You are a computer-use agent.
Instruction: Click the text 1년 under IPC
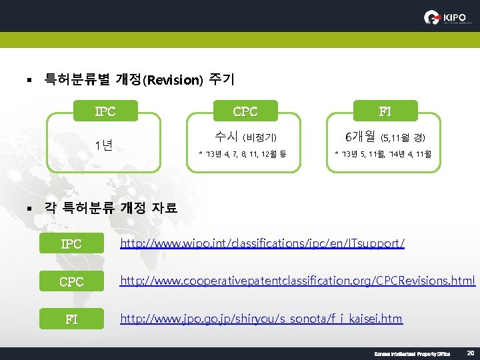pyautogui.click(x=103, y=145)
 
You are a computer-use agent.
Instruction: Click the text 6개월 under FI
pyautogui.click(x=360, y=137)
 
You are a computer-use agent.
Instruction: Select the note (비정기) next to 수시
pyautogui.click(x=259, y=138)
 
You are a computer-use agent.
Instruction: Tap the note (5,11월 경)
pyautogui.click(x=403, y=138)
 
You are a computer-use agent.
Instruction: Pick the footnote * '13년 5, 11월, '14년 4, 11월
pyautogui.click(x=383, y=155)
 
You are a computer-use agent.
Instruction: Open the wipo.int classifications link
pyautogui.click(x=262, y=244)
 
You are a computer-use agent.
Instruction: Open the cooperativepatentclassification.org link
pyautogui.click(x=297, y=281)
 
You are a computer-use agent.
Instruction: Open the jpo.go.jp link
pyautogui.click(x=261, y=319)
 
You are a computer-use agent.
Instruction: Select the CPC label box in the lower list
pyautogui.click(x=71, y=282)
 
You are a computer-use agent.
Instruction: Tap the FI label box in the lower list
pyautogui.click(x=71, y=319)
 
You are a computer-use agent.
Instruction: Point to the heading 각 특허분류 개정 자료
pyautogui.click(x=111, y=208)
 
